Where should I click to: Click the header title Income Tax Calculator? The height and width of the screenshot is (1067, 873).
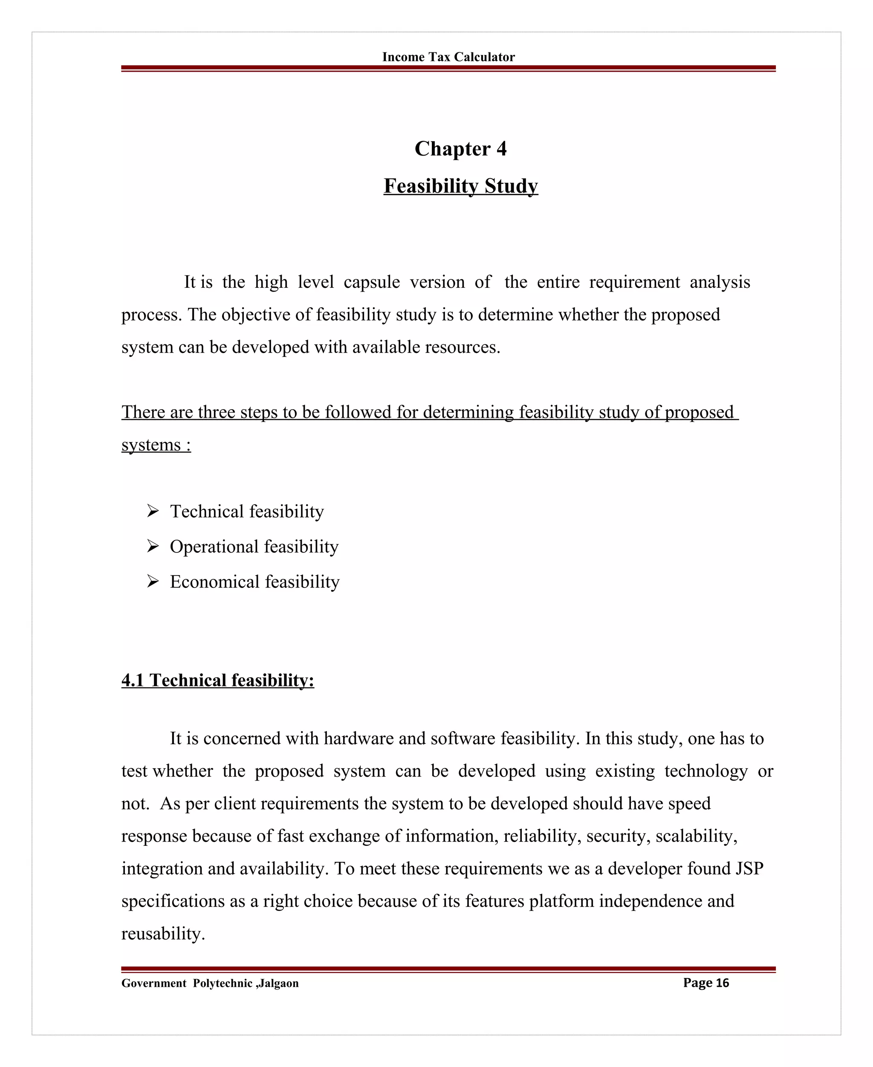(x=448, y=57)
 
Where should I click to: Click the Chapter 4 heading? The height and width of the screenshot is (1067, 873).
(x=460, y=149)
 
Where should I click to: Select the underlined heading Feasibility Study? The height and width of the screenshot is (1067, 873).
(x=460, y=186)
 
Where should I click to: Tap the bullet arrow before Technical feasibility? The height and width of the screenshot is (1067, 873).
(x=153, y=512)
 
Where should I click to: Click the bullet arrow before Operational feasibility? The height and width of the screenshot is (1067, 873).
(x=153, y=547)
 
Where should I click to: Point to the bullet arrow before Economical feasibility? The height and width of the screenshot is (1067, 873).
(x=153, y=582)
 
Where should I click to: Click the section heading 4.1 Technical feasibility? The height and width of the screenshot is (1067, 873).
(x=217, y=680)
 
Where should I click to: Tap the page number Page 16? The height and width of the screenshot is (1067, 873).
(x=705, y=983)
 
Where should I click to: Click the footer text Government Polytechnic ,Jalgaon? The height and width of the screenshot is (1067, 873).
(x=210, y=983)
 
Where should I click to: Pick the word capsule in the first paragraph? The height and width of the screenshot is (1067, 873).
(x=372, y=283)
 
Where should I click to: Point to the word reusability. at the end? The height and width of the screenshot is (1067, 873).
(x=163, y=934)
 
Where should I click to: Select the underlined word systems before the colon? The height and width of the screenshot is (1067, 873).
(x=151, y=445)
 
